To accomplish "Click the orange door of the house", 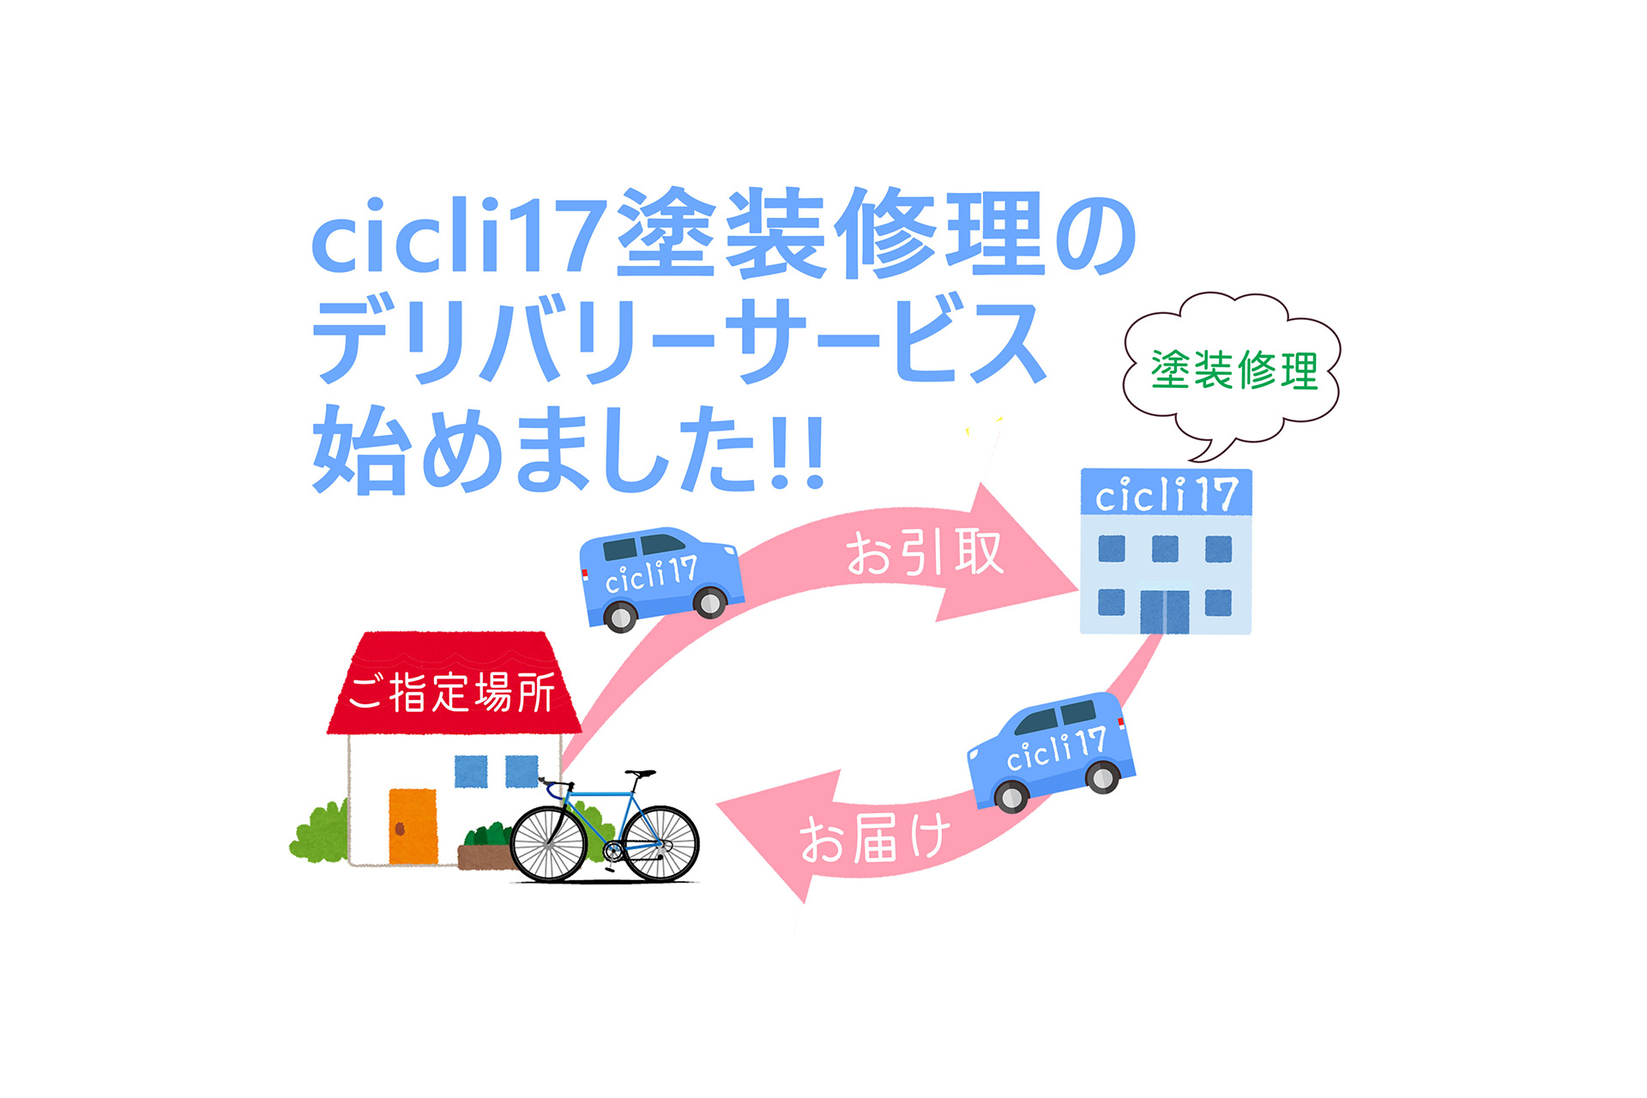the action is click(413, 826).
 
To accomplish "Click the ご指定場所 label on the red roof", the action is click(451, 692).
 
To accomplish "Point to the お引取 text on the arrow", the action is click(925, 552).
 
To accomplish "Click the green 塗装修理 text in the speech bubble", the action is click(1234, 370).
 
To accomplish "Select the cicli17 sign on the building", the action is click(1166, 492).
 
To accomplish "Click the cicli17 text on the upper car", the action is click(651, 575).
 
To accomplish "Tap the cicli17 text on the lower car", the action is click(1055, 749).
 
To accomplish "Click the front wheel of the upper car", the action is click(709, 601).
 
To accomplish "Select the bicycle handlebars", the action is click(554, 786).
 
